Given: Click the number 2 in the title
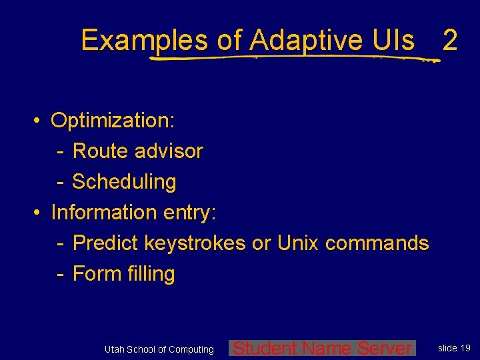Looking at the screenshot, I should tap(450, 41).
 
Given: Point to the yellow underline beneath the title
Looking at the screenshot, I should tap(293, 58).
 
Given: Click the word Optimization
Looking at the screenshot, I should tap(113, 121).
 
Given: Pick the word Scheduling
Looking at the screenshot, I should tap(124, 182).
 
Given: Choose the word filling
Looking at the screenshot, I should tap(148, 274).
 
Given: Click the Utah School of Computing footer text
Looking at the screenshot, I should tap(159, 349).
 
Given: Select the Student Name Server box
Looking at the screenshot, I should tap(323, 348).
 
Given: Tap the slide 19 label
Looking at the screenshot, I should tap(454, 348).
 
